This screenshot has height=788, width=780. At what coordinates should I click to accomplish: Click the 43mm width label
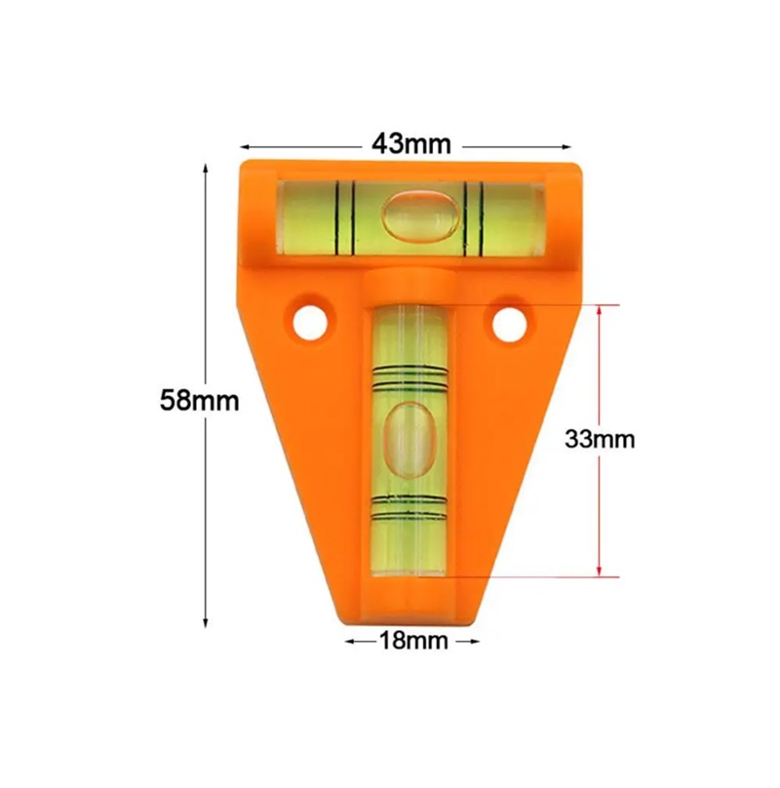point(411,144)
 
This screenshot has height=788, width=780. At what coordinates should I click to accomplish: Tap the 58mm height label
point(200,401)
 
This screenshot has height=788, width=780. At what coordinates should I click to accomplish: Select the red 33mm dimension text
point(600,439)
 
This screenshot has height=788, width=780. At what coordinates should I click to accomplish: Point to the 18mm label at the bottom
point(413,641)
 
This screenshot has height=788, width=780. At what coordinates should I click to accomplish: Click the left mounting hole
point(311,322)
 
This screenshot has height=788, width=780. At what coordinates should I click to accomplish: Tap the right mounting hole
point(509,325)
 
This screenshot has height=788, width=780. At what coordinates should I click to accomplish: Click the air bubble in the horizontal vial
point(421,215)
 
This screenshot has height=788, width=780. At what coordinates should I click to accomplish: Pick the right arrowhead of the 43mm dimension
point(566,147)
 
